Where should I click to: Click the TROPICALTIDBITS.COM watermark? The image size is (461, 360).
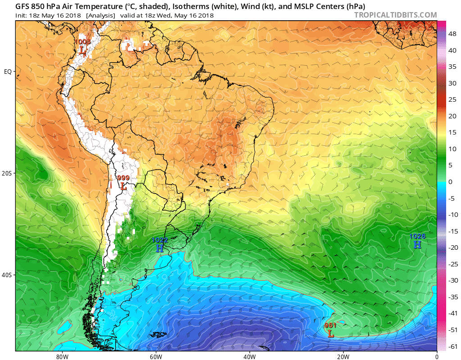click(395, 15)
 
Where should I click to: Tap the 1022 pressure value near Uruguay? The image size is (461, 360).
click(160, 240)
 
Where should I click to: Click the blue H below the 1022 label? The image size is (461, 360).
click(160, 248)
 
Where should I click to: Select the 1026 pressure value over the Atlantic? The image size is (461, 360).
click(417, 236)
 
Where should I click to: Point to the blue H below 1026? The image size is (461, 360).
click(417, 244)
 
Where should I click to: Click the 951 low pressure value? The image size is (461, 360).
click(330, 325)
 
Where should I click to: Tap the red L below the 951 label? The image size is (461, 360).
click(331, 334)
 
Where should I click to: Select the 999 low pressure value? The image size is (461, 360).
click(123, 178)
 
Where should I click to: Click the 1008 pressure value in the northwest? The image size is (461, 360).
click(82, 42)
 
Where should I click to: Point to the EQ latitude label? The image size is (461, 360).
click(8, 72)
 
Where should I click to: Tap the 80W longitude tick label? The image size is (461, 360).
click(62, 356)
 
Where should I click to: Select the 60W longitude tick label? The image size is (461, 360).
click(156, 356)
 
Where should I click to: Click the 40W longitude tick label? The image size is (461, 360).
click(249, 356)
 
